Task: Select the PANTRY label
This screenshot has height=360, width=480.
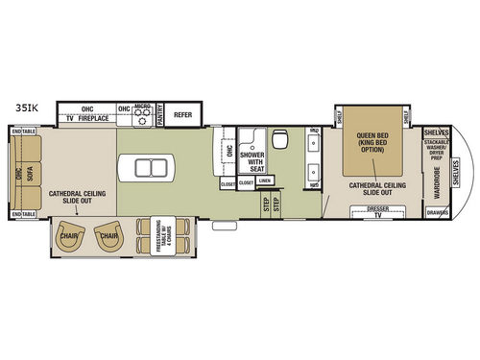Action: [160, 114]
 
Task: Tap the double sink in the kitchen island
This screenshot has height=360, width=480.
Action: [152, 168]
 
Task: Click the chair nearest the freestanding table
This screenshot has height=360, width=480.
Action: [107, 233]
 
